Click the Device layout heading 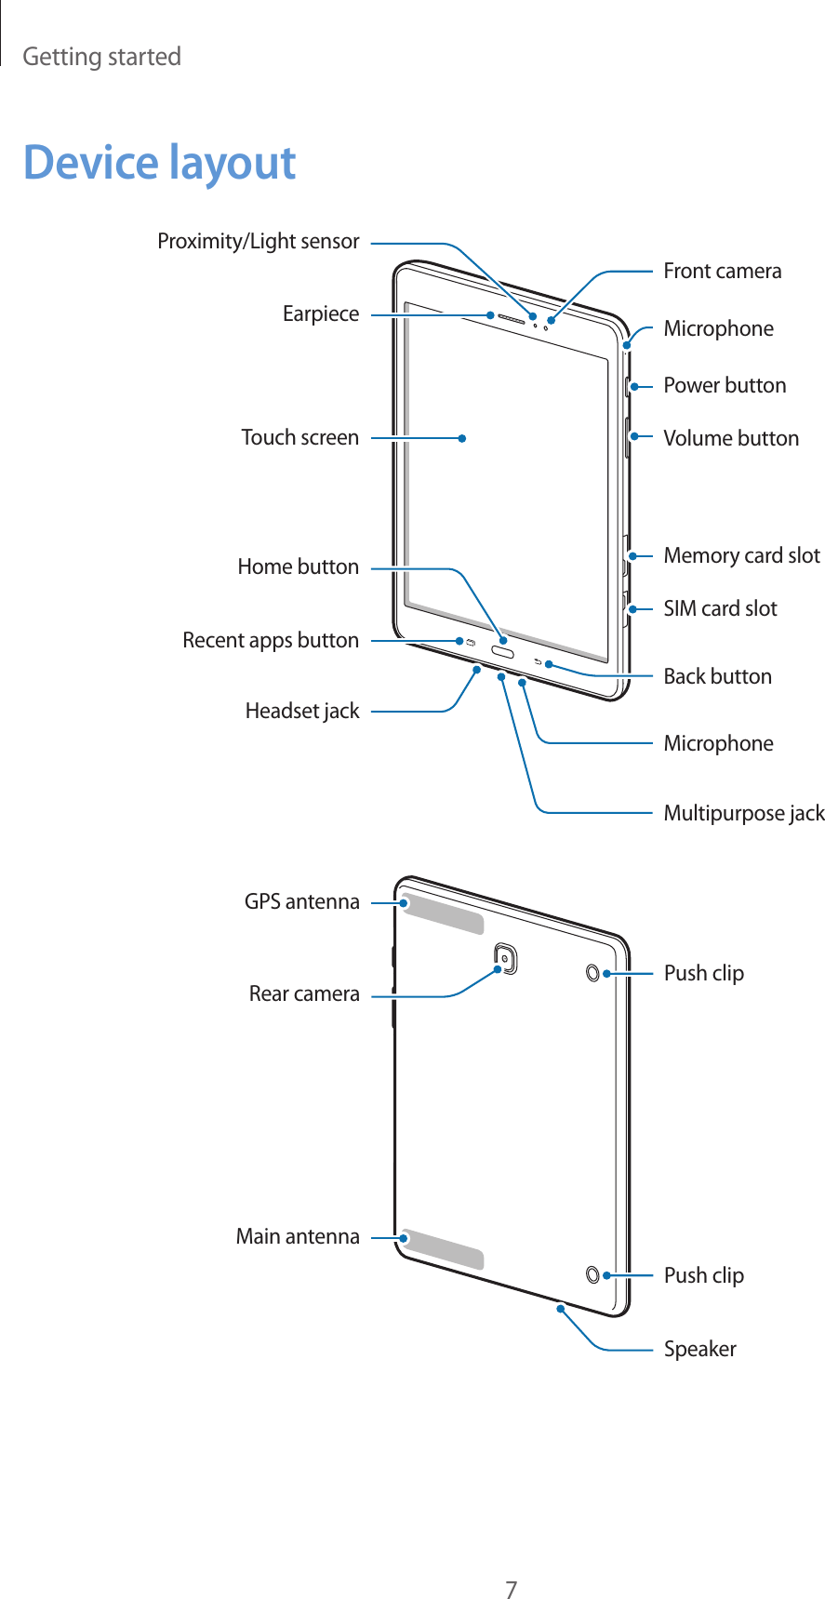[159, 163]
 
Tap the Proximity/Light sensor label [258, 242]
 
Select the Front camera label [722, 272]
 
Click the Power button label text [724, 385]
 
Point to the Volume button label [730, 438]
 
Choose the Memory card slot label [741, 556]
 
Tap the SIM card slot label [720, 608]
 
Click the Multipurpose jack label [743, 814]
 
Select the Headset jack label [301, 712]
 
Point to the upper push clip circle [592, 973]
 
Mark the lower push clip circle [592, 1274]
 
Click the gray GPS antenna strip [444, 915]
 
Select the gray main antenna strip [444, 1249]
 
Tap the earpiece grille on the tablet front [512, 318]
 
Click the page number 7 [511, 1564]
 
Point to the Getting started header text [101, 57]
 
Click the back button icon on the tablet [539, 661]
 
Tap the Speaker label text [699, 1349]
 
